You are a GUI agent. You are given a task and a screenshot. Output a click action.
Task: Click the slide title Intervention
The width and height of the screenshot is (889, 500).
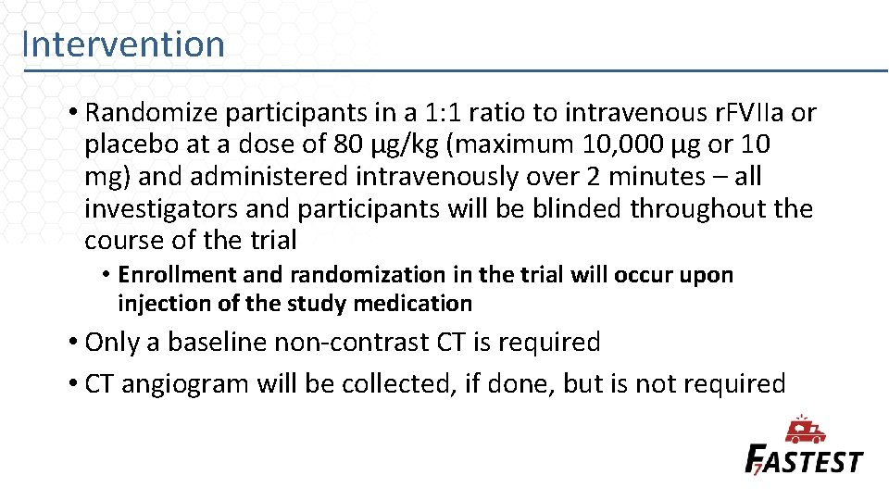(123, 44)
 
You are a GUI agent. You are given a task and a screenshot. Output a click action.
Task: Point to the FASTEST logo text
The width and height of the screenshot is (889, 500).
(804, 460)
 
